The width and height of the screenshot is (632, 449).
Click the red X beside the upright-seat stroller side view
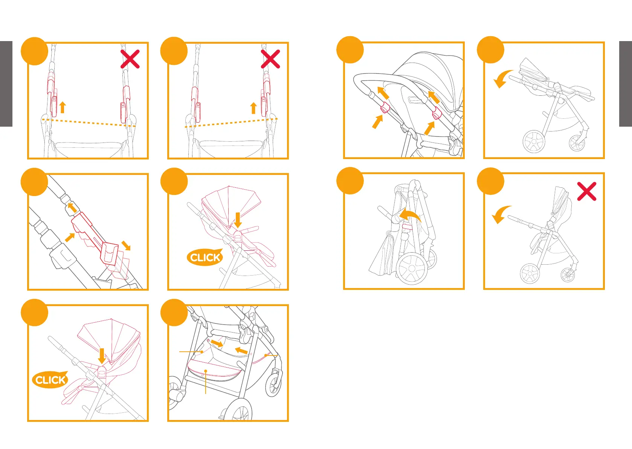pyautogui.click(x=586, y=191)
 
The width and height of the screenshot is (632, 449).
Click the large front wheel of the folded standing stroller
pyautogui.click(x=412, y=269)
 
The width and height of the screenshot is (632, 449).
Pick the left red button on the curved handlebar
pyautogui.click(x=384, y=107)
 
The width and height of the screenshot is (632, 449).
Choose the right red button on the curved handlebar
pyautogui.click(x=437, y=112)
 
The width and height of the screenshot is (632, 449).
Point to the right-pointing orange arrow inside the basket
pyautogui.click(x=217, y=343)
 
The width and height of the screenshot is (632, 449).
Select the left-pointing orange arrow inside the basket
pyautogui.click(x=241, y=351)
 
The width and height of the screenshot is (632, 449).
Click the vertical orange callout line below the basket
pyautogui.click(x=206, y=383)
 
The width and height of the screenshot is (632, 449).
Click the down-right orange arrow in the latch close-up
pyautogui.click(x=126, y=245)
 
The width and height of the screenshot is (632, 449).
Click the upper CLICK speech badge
pyautogui.click(x=205, y=257)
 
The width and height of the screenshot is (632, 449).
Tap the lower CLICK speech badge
pyautogui.click(x=50, y=380)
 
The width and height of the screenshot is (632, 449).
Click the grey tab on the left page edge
pyautogui.click(x=6, y=84)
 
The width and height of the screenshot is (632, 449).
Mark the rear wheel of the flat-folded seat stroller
pyautogui.click(x=534, y=141)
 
